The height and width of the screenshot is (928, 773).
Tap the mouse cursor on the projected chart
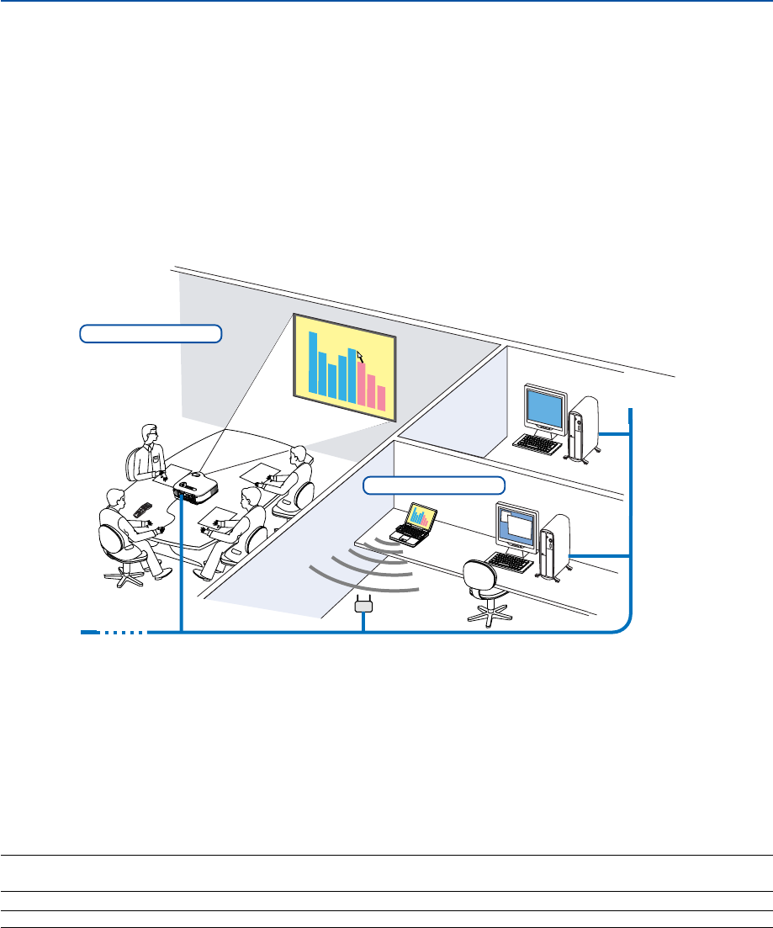click(x=361, y=358)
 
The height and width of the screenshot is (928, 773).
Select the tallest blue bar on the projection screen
click(x=313, y=363)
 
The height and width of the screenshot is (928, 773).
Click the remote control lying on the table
click(x=142, y=510)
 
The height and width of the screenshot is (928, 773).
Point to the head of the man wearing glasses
click(x=150, y=435)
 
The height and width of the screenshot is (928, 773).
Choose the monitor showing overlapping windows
click(x=516, y=527)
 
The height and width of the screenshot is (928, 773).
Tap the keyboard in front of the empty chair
click(x=511, y=561)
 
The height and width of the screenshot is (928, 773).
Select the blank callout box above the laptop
click(x=434, y=485)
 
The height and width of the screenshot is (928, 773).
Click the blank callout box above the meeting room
click(x=150, y=333)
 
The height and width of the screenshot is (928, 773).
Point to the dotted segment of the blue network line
click(x=124, y=631)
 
